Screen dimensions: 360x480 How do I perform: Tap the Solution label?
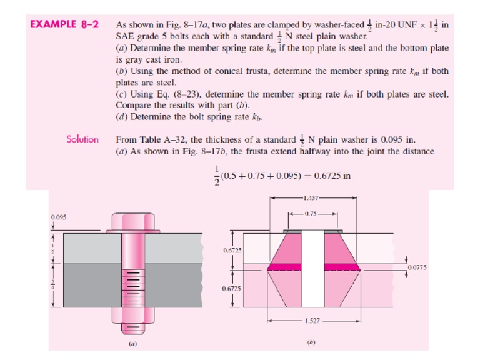(x=82, y=139)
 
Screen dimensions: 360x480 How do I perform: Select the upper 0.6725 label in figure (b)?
(x=232, y=250)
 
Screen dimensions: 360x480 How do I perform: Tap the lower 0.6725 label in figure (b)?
(x=232, y=289)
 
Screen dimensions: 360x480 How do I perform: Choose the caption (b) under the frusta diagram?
(x=311, y=343)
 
